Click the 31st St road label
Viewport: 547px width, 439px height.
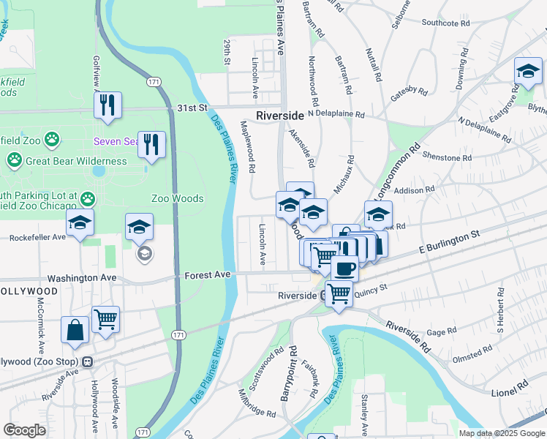pos(192,108)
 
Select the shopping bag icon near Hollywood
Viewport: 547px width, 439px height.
pos(75,330)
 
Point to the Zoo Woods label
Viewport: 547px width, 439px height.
pos(177,198)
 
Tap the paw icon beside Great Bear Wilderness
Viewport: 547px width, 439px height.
pos(15,160)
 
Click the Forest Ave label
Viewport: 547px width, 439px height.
pos(207,274)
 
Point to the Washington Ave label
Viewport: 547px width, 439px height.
pos(82,279)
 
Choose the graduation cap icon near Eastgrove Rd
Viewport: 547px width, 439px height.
pos(527,72)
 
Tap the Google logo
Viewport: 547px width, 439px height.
pos(25,430)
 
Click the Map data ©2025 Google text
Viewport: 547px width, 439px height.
pos(501,433)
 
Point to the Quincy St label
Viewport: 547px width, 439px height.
pos(371,290)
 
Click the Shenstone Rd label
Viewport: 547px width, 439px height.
pos(447,158)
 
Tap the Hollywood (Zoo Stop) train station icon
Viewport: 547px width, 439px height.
pos(87,362)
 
